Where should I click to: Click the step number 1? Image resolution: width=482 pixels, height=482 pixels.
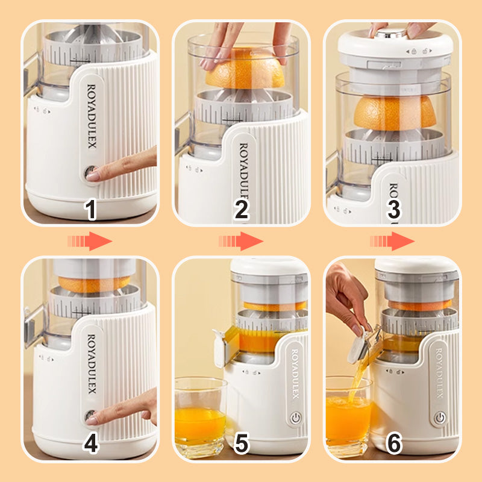[90, 209]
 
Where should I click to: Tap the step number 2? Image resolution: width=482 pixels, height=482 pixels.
[242, 209]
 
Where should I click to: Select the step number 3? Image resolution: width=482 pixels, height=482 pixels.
[394, 209]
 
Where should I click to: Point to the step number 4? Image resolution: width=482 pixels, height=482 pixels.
[91, 443]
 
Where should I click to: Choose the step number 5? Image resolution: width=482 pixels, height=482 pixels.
[242, 443]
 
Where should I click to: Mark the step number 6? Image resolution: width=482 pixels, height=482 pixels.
[394, 443]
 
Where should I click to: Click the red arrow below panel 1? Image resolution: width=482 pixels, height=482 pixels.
[90, 241]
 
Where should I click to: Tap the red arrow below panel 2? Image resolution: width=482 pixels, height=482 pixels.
[241, 241]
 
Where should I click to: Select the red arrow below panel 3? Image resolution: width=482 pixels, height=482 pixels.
[392, 241]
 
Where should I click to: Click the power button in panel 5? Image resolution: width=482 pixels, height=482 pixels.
[295, 418]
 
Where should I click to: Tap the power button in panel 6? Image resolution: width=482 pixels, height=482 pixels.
[440, 418]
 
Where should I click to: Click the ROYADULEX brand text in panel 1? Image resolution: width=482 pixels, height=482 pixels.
[92, 116]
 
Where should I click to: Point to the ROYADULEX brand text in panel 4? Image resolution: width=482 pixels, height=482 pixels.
[92, 364]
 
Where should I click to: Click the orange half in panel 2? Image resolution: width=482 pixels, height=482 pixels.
[245, 69]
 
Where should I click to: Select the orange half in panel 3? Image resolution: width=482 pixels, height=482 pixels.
[395, 112]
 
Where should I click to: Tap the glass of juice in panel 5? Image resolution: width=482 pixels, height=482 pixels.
[201, 418]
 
